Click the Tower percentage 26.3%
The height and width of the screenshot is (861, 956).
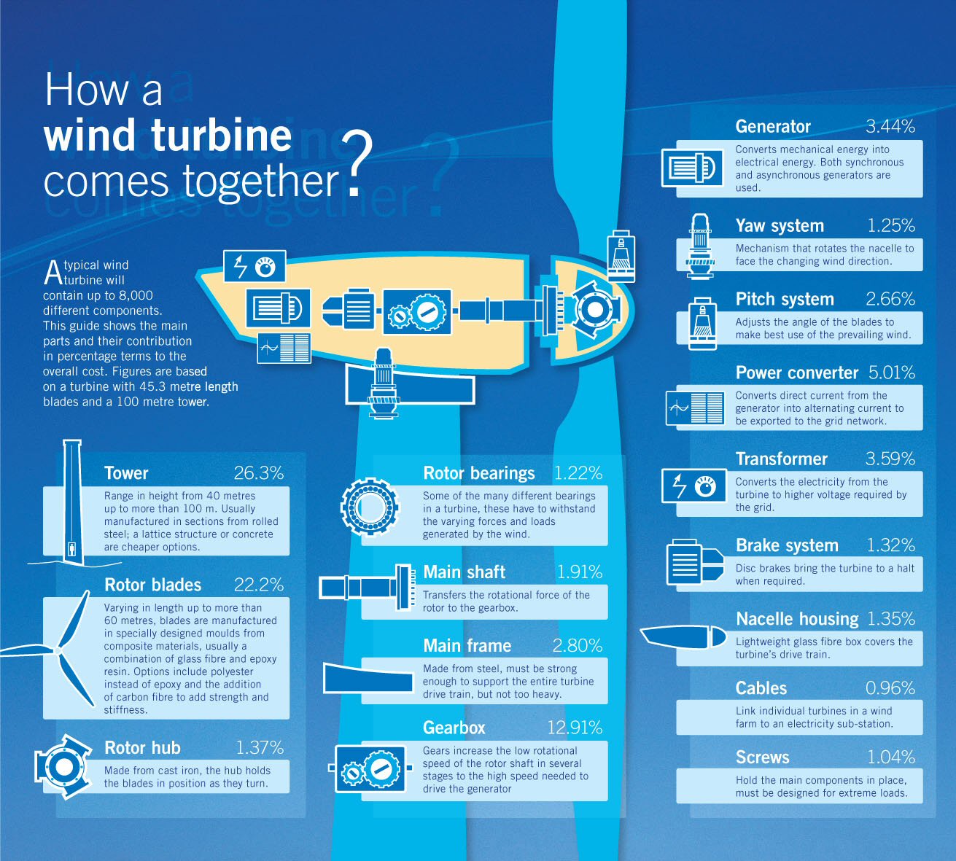(258, 473)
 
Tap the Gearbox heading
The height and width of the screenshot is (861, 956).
(454, 728)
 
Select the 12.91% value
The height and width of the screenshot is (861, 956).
(575, 728)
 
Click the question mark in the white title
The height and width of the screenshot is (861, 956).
(357, 164)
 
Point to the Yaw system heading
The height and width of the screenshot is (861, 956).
(780, 226)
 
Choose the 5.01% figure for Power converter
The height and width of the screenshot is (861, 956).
(891, 373)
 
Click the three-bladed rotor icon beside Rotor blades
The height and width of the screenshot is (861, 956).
(53, 649)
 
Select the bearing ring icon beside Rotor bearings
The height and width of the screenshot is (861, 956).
(369, 507)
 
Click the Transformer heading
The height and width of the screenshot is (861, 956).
(781, 459)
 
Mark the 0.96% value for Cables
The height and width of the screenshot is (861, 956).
(890, 688)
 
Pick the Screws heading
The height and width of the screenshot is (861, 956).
(762, 757)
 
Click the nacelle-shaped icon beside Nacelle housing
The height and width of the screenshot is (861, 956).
(683, 637)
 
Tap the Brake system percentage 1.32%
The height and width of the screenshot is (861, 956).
(890, 545)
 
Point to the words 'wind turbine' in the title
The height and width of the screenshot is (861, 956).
(167, 136)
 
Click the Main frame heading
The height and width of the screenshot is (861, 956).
(467, 646)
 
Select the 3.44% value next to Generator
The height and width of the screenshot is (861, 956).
(890, 126)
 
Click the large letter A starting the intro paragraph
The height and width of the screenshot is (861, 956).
(53, 273)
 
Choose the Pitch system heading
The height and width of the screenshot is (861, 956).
(785, 299)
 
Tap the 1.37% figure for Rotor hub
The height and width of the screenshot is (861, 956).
(260, 747)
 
